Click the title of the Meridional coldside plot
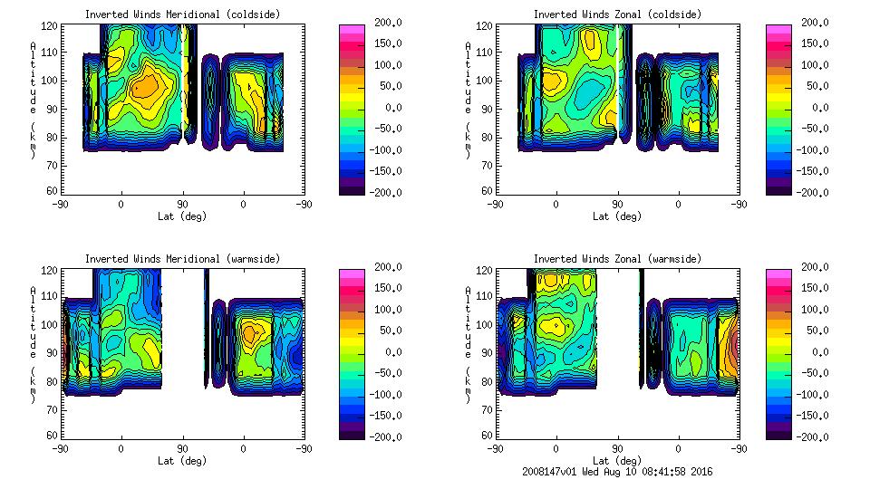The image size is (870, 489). coord(182,14)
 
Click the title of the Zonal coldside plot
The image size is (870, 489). coord(617,14)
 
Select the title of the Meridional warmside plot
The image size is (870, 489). coord(182,259)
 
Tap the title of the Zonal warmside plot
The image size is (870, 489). coord(617,259)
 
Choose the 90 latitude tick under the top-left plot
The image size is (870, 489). coord(182,205)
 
